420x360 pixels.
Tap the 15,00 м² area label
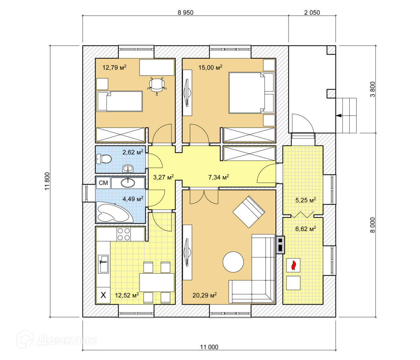(211, 68)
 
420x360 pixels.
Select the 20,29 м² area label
(204, 295)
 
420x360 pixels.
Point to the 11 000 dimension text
(209, 347)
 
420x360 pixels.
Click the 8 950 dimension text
(185, 13)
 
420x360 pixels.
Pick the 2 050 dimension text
(312, 13)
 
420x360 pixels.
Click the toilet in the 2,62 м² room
(104, 159)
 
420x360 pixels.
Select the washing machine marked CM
(103, 183)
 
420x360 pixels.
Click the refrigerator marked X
(103, 295)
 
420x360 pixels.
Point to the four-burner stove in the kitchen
(124, 234)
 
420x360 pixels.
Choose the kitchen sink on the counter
(104, 263)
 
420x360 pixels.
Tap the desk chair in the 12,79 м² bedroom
(156, 85)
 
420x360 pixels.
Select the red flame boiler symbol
(293, 265)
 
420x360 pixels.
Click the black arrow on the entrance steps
(338, 115)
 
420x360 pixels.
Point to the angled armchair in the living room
(249, 212)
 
